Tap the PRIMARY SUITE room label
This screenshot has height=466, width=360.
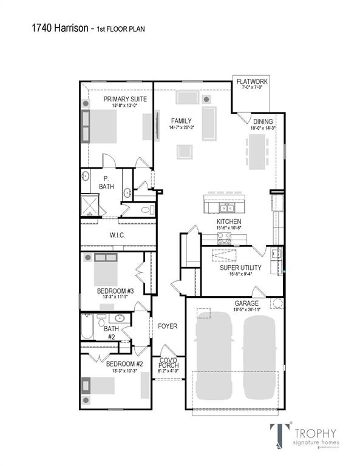click(126, 99)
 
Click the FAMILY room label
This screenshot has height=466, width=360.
click(181, 120)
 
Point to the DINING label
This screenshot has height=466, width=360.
click(263, 121)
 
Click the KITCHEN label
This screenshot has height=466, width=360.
click(229, 221)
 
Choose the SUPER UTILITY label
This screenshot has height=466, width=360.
click(241, 266)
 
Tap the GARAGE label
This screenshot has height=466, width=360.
click(246, 303)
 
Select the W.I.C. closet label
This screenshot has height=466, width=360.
click(117, 235)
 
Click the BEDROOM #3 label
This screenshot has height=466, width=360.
click(115, 291)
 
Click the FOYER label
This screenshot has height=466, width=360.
click(167, 326)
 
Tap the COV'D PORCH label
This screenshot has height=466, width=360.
click(169, 363)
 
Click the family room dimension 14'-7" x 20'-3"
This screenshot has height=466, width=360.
click(181, 127)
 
